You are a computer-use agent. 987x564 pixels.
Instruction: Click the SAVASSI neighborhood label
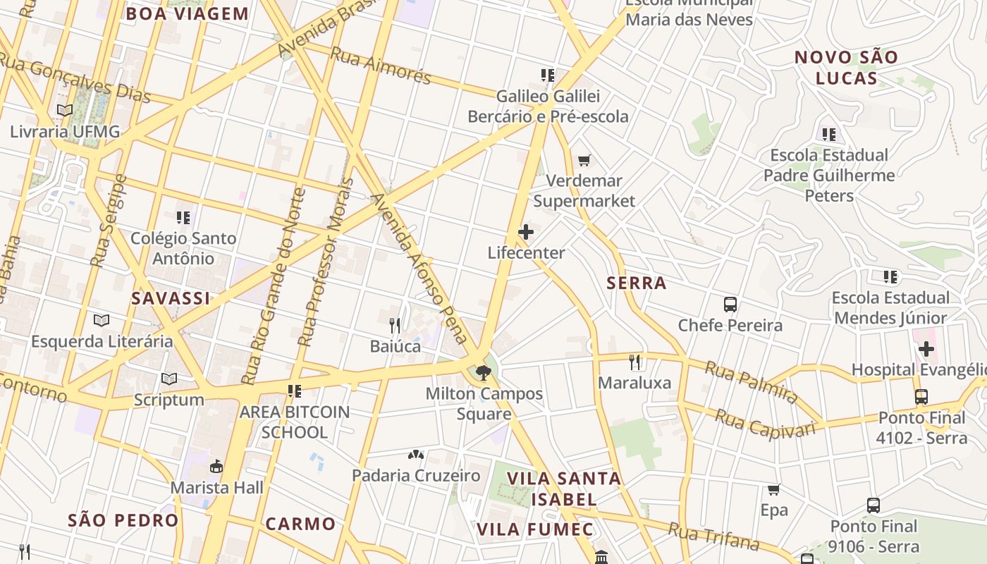171,298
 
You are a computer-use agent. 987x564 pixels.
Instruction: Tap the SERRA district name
637,283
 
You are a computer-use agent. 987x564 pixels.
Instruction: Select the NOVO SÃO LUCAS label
846,68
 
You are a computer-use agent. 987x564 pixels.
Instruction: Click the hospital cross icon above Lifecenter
526,232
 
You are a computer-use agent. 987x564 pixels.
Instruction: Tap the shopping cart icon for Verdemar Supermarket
584,161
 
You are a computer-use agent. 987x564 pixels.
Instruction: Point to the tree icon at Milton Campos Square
483,372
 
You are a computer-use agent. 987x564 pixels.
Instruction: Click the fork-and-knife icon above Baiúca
395,325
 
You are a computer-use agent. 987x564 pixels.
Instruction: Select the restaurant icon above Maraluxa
635,362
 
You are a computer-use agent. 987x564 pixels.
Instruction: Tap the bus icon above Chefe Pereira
730,305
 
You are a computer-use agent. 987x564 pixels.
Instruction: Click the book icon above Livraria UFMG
65,111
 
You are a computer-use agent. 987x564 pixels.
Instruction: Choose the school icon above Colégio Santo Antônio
183,218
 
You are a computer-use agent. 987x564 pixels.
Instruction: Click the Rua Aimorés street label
381,66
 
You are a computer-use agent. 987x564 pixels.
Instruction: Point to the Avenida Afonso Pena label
422,268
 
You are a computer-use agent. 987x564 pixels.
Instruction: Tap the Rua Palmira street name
752,382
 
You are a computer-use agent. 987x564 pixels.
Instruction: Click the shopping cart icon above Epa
773,489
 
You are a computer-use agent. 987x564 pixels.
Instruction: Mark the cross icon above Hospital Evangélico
926,349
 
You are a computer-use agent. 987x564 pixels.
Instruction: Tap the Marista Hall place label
216,487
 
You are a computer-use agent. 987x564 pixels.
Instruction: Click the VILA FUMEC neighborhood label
534,529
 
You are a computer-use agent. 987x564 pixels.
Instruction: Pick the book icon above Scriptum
169,379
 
